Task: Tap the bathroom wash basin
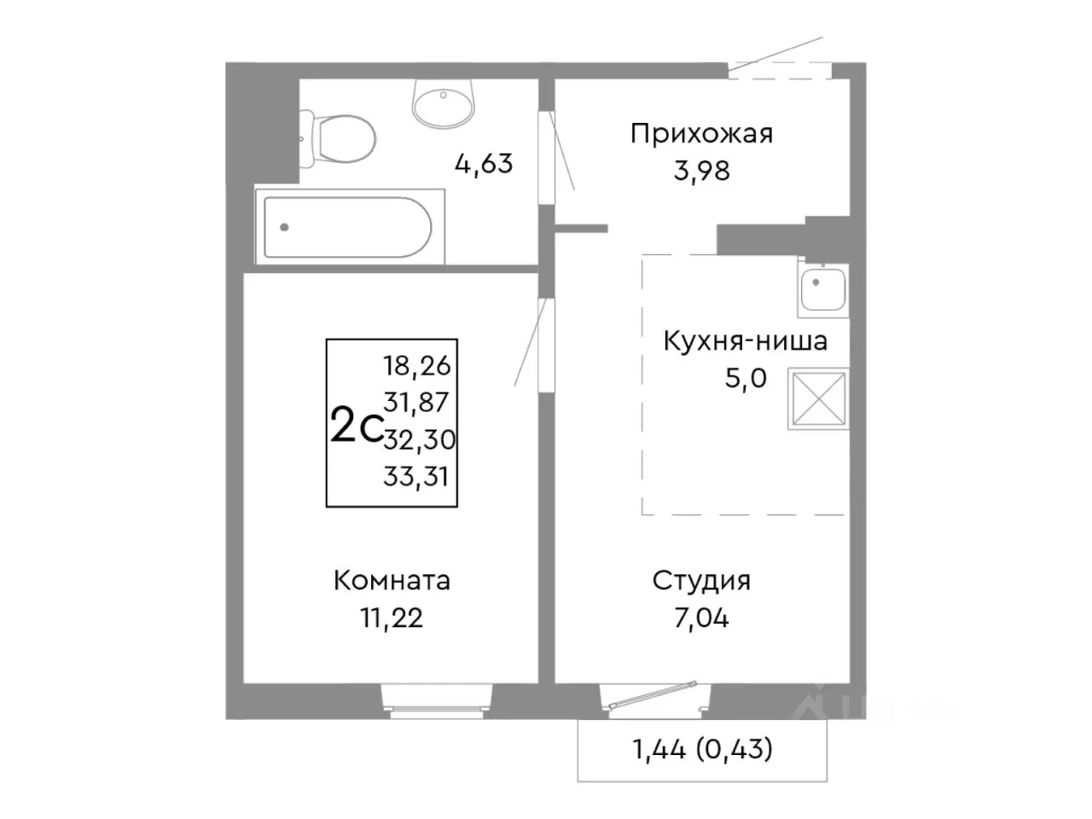pyautogui.click(x=443, y=102)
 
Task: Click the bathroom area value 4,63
pyautogui.click(x=484, y=163)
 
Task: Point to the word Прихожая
pyautogui.click(x=701, y=134)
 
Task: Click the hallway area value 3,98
pyautogui.click(x=701, y=171)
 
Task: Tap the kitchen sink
pyautogui.click(x=822, y=286)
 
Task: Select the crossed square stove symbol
pyautogui.click(x=818, y=398)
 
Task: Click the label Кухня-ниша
pyautogui.click(x=745, y=342)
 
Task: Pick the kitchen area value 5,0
pyautogui.click(x=746, y=378)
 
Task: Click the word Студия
pyautogui.click(x=701, y=581)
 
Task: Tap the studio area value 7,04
pyautogui.click(x=701, y=618)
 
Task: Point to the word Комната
pyautogui.click(x=392, y=581)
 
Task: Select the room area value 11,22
pyautogui.click(x=392, y=618)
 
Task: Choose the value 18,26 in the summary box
pyautogui.click(x=417, y=366)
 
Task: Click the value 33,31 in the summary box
pyautogui.click(x=416, y=476)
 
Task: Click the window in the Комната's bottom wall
pyautogui.click(x=437, y=695)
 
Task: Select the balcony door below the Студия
pyautogui.click(x=652, y=695)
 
